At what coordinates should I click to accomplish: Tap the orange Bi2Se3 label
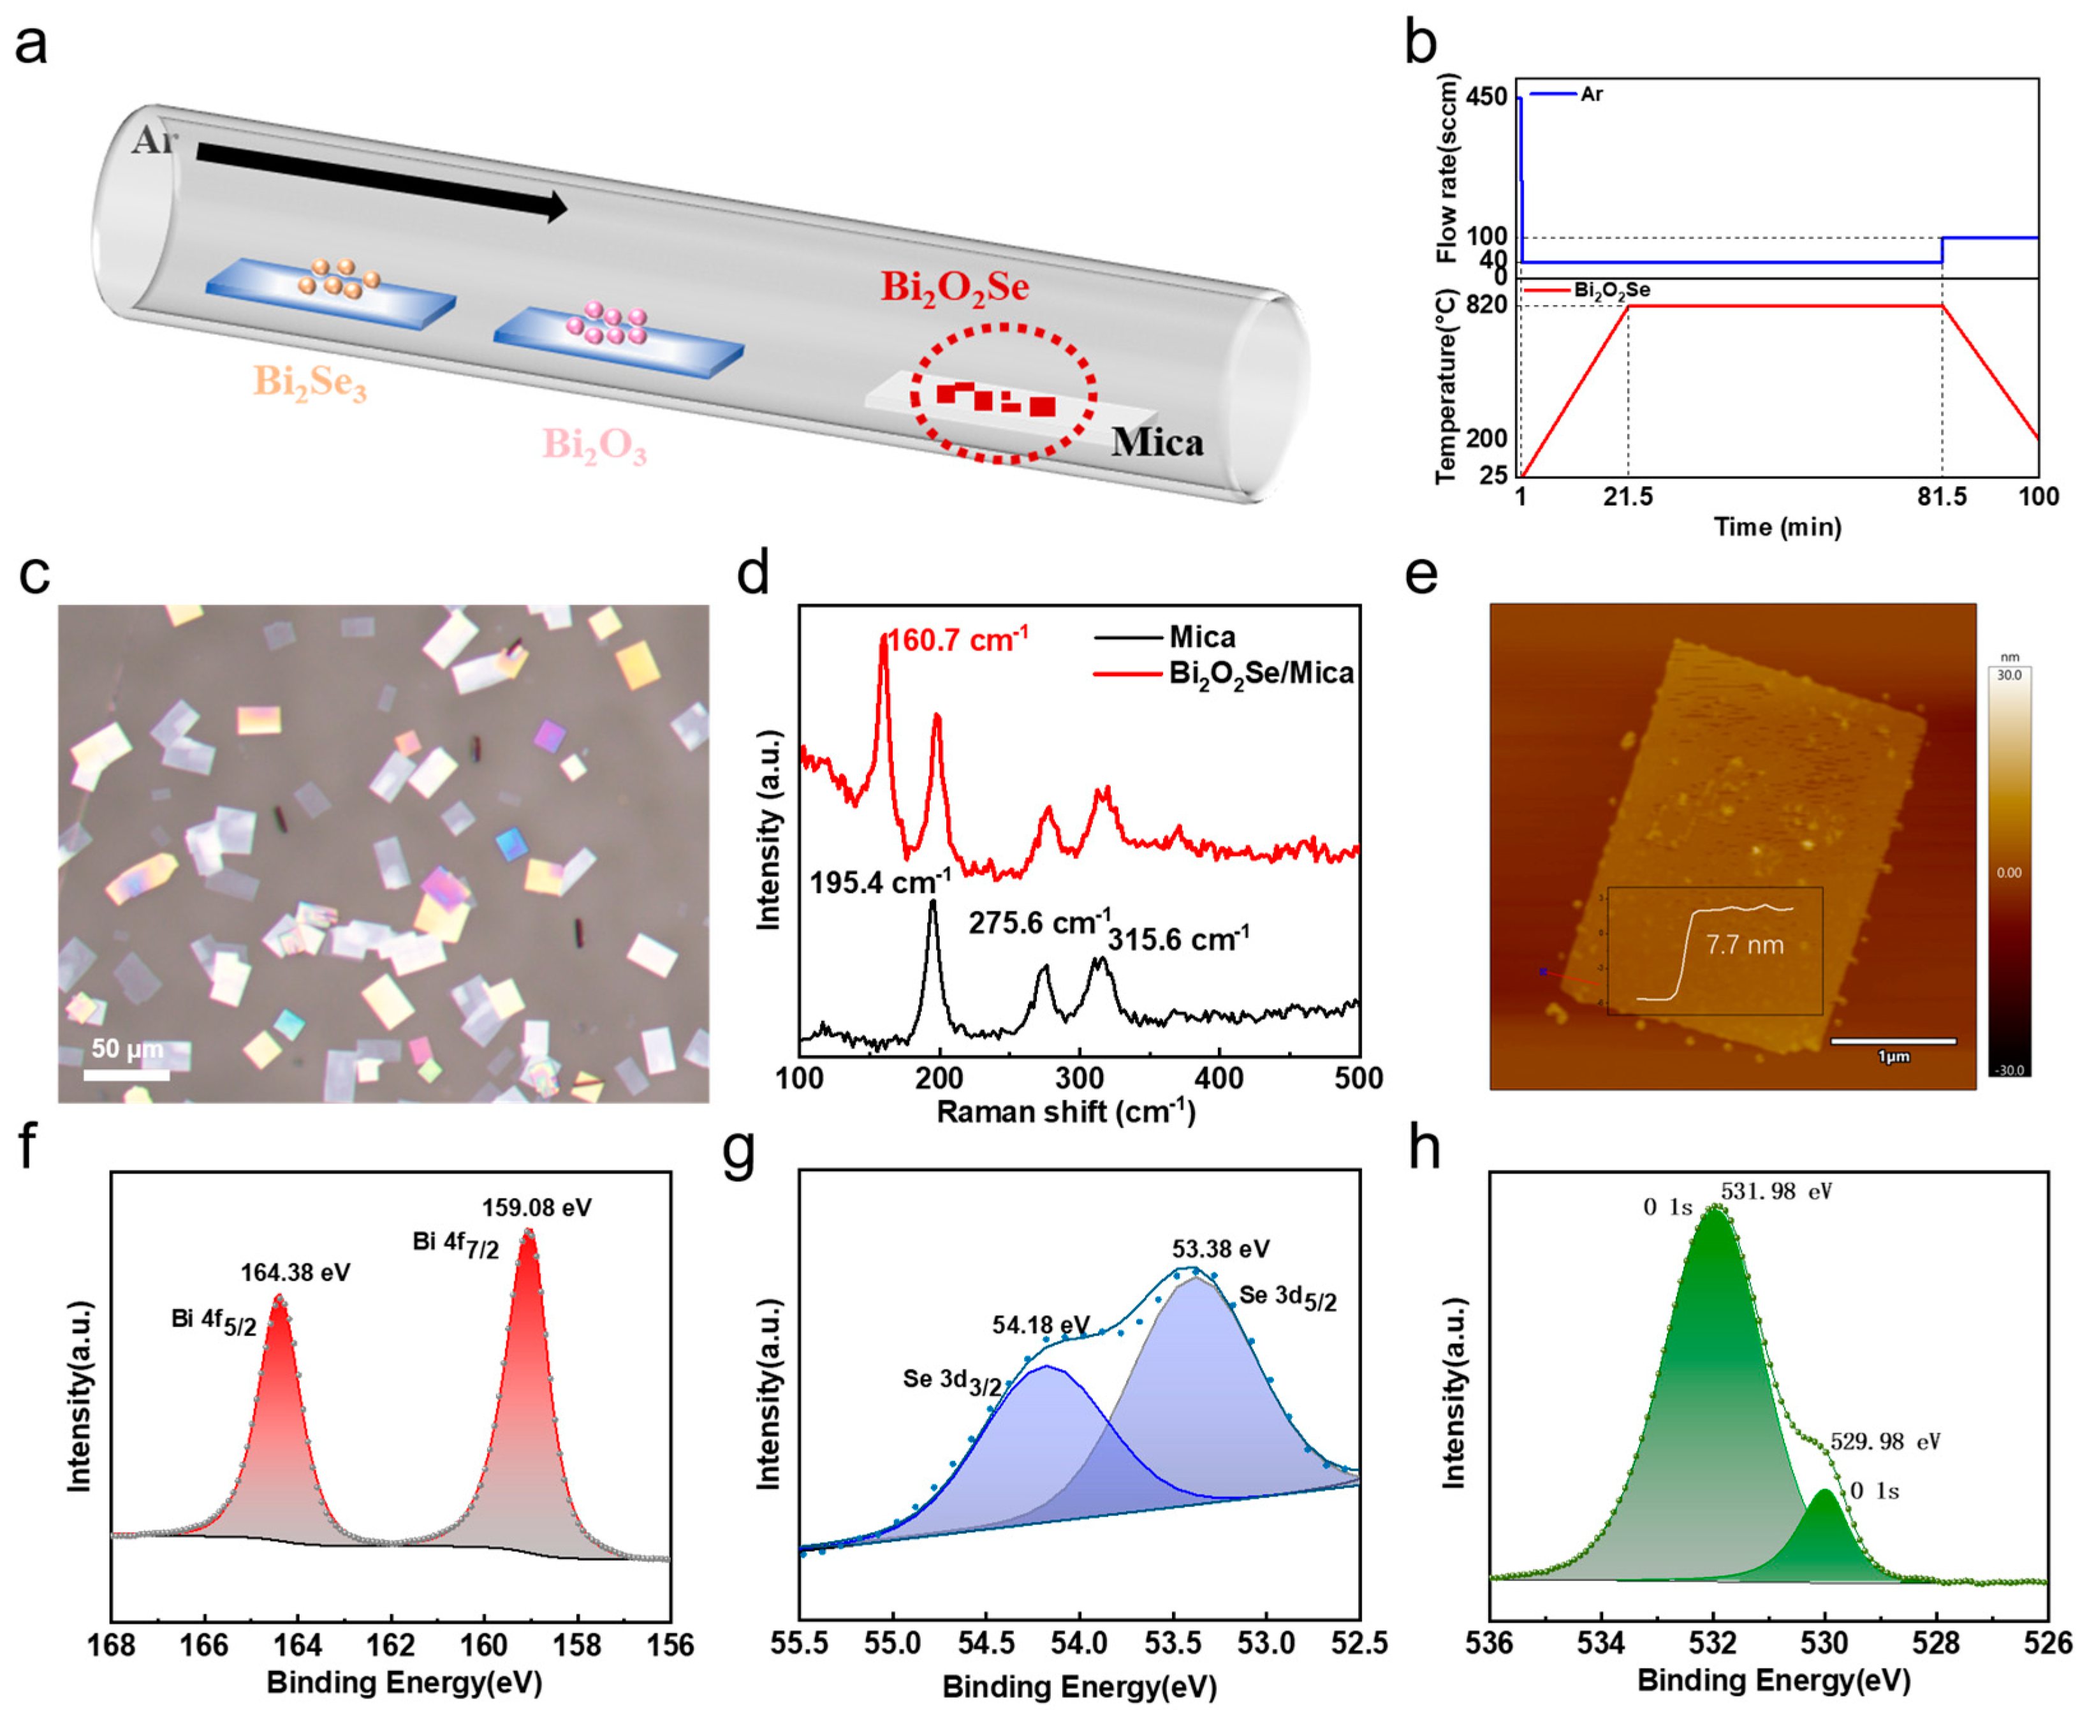(x=309, y=382)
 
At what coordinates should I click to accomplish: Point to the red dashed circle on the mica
(x=1002, y=393)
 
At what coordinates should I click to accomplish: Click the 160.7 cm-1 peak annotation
(x=957, y=640)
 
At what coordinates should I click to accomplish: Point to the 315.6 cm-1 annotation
(x=1178, y=939)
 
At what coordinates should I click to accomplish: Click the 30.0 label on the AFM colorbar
(x=2009, y=675)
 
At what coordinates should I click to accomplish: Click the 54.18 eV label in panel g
(x=1040, y=1325)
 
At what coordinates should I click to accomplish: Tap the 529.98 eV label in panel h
(x=1885, y=1442)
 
